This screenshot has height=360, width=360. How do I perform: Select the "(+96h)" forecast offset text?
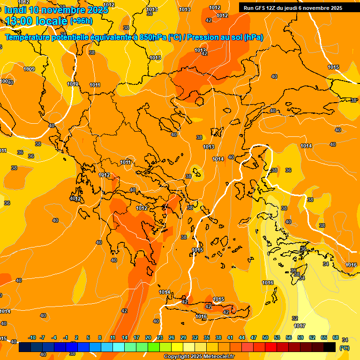pos(81,21)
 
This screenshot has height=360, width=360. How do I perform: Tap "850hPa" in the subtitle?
pos(152,37)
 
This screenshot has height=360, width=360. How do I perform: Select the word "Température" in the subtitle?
pos(28,37)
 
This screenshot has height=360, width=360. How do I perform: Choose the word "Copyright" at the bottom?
pos(177,357)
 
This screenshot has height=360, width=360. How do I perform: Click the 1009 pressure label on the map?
pos(29,69)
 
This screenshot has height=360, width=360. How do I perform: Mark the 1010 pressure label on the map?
pos(73,84)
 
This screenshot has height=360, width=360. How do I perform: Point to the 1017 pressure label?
pos(300,326)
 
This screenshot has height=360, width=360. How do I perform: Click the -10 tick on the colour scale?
pos(32,337)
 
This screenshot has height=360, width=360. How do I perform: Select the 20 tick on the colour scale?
pos(148,337)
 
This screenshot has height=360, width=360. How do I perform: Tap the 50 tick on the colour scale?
pos(265,337)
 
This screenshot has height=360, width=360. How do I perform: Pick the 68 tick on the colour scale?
pos(336,337)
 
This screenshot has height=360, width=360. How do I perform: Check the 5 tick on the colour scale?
pos(89,337)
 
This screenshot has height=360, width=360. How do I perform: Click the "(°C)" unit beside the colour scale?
pos(344,348)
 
